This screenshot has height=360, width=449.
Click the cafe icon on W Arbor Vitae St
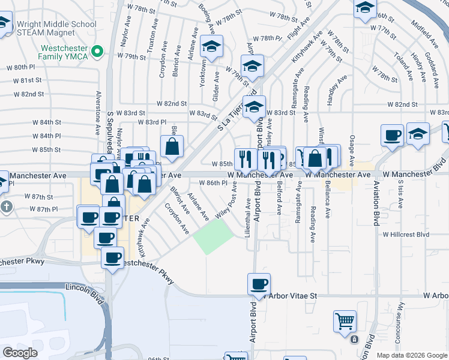[259, 284]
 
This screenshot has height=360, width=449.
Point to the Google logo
[20, 353]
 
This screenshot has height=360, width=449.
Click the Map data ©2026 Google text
[411, 355]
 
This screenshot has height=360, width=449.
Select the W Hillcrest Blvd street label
[406, 234]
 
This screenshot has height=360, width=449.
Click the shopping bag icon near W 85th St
[172, 146]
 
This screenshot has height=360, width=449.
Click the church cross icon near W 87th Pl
[6, 208]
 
